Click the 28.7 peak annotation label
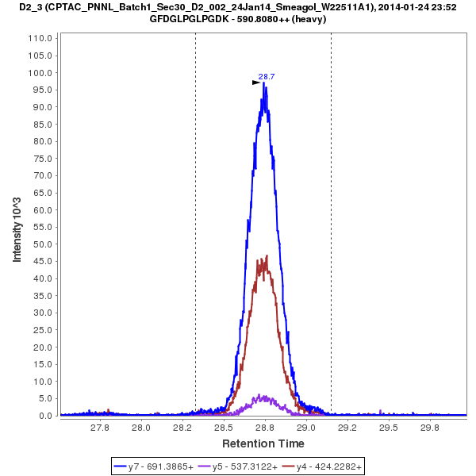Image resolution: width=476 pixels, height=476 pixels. [267, 77]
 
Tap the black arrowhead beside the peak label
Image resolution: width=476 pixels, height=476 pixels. [256, 82]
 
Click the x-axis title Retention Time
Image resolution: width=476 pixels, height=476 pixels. [263, 443]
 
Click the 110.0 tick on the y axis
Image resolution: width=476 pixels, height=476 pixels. [41, 38]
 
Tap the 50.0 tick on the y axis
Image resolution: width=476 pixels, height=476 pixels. [44, 244]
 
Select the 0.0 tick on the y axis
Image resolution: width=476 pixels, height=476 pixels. [46, 416]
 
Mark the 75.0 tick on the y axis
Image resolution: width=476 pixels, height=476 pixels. [44, 159]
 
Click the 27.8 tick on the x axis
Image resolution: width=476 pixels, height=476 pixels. [99, 428]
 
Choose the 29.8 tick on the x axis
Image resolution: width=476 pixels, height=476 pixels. [429, 428]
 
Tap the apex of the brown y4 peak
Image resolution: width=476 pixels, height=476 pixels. [267, 256]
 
